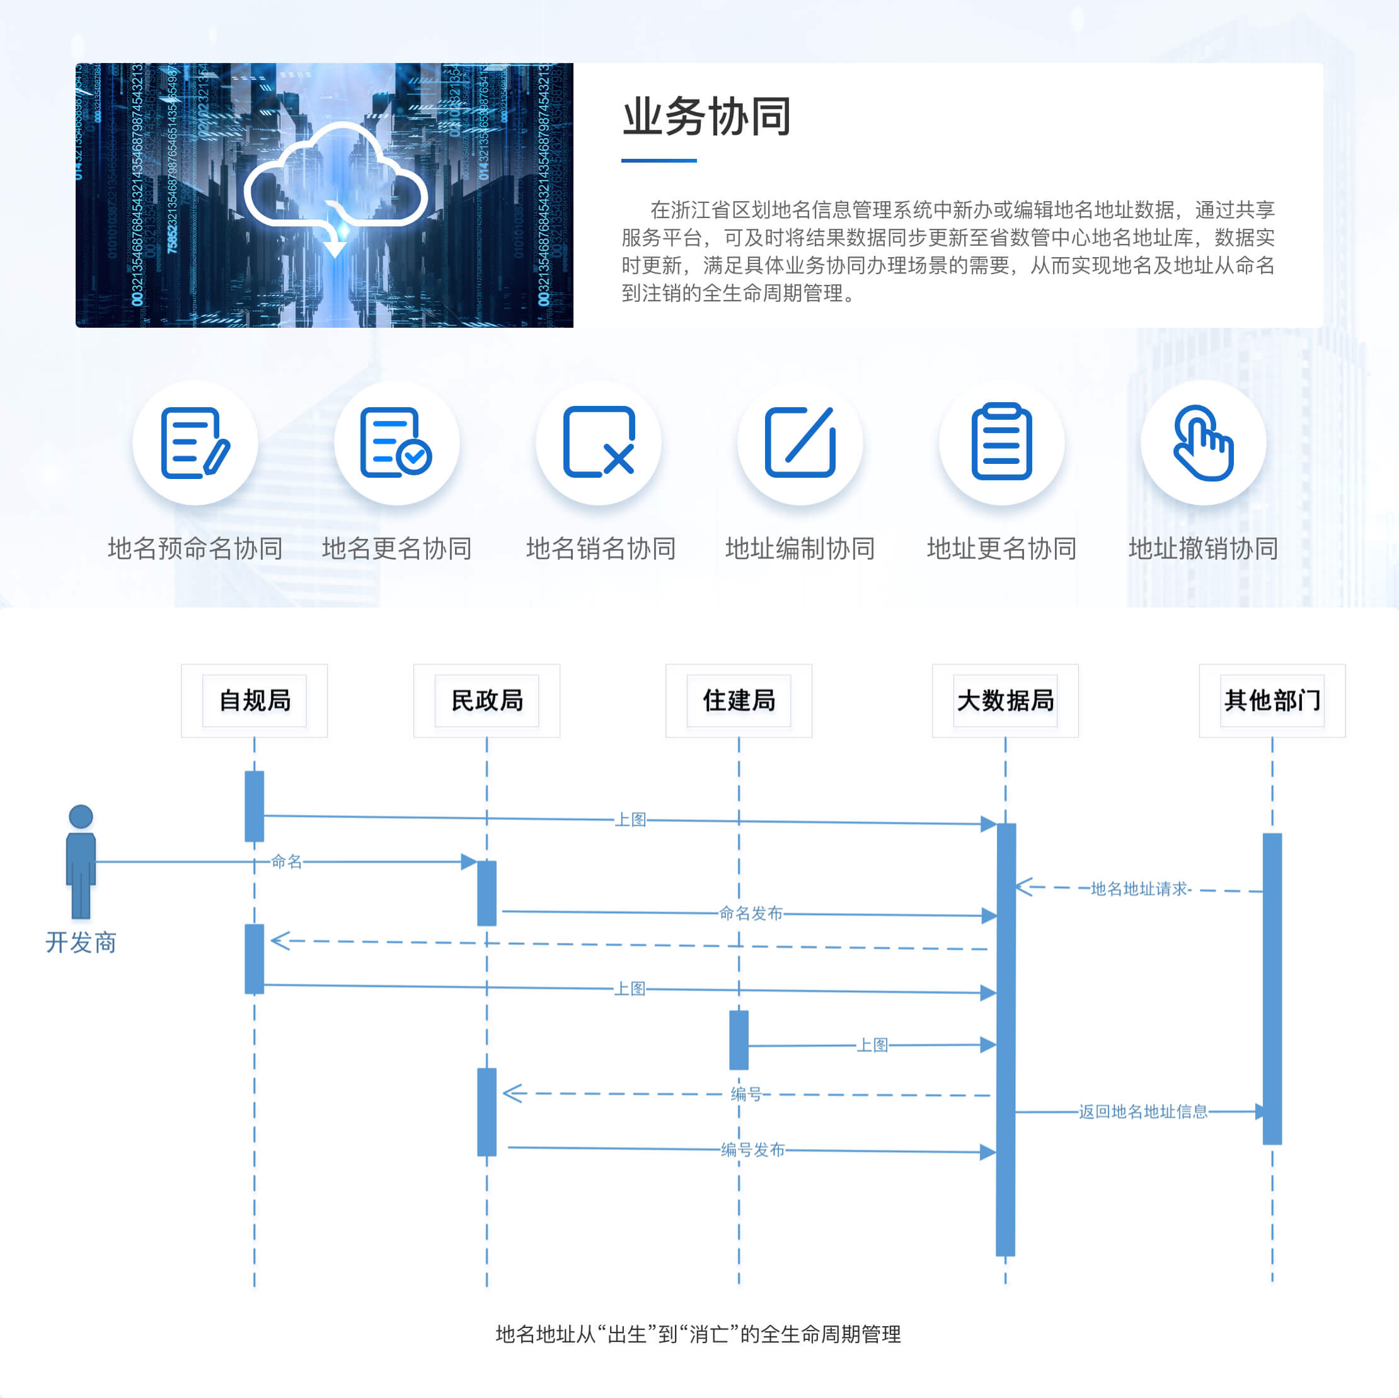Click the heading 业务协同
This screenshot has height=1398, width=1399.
706,117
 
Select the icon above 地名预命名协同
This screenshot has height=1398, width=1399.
195,442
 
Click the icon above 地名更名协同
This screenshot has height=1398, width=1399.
396,442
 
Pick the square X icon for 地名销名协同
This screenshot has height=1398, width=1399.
599,442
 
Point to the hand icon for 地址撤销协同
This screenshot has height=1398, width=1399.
1203,442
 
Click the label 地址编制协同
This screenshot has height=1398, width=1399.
800,548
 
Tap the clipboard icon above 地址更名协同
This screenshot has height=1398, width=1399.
1001,442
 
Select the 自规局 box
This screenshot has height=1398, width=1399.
254,700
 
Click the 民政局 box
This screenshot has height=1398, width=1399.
486,700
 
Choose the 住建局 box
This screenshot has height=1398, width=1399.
739,700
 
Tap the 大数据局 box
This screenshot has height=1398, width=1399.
1005,700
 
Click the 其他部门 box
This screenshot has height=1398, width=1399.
1272,700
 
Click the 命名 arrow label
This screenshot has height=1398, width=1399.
287,861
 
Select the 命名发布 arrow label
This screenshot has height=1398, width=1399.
751,913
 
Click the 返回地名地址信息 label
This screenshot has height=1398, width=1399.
1143,1112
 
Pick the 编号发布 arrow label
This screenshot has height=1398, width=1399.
753,1150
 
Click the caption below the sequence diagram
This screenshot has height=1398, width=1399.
698,1334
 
